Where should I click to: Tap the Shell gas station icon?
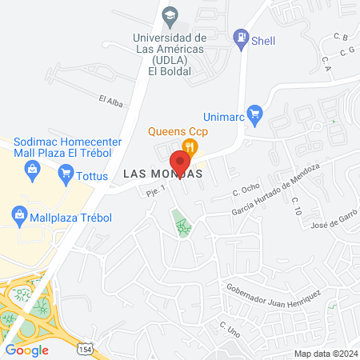pos(239,37)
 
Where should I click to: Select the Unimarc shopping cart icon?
pos(255,112)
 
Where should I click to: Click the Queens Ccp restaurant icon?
pos(190,146)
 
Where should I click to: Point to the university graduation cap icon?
pos(170,15)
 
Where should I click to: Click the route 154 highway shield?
pos(85,349)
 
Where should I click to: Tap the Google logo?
pos(27,350)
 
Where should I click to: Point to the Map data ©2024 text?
pos(324,354)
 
